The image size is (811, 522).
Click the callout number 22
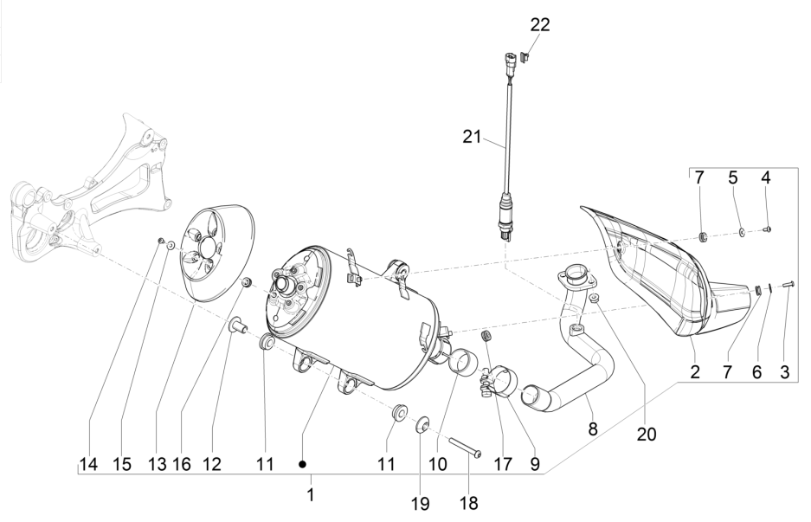pos(540,25)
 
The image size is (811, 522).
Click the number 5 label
pos(732,179)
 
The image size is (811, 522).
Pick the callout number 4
pos(765,179)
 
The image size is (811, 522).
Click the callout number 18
pos(468,502)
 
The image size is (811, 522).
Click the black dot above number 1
pos(303,463)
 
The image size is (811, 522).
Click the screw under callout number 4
pos(769,229)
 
